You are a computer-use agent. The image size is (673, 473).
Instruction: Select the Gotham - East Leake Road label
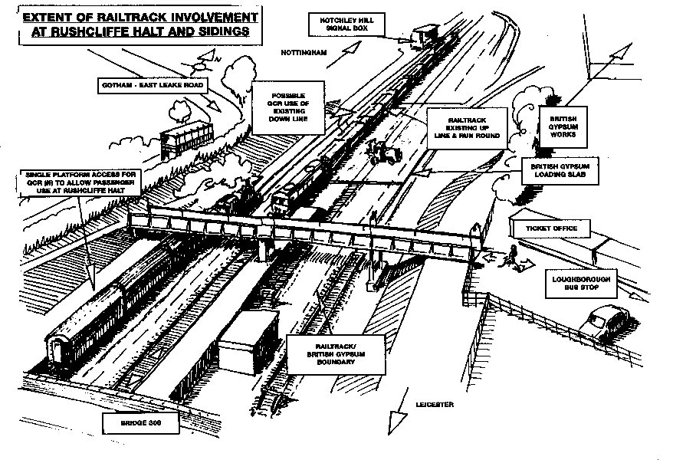[x=152, y=85]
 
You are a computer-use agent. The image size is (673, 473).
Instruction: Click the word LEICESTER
[x=435, y=403]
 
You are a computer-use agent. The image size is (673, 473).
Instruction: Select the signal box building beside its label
[x=424, y=36]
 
